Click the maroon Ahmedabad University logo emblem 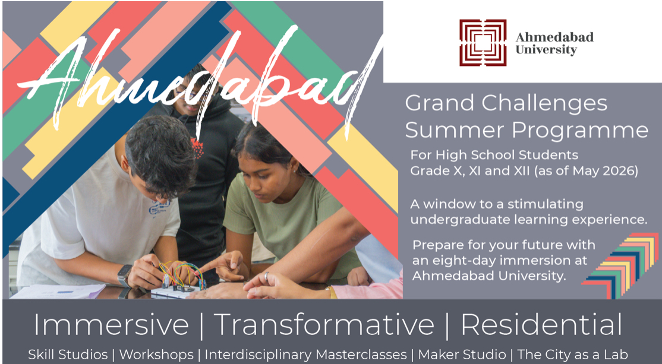483,43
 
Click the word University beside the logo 546,50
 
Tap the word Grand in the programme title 439,103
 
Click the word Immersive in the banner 111,325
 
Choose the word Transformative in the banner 324,325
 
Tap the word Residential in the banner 541,325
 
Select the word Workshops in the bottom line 156,354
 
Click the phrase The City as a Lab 572,354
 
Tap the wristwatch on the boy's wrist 124,275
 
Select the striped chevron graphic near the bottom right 621,265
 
